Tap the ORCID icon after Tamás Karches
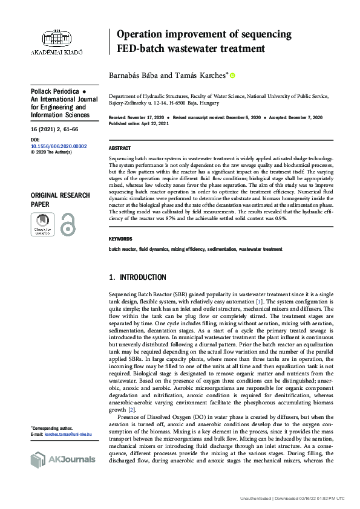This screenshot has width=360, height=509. tap(232, 75)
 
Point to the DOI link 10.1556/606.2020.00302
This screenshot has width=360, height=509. tap(58, 146)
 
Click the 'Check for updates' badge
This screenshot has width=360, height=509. tap(42, 224)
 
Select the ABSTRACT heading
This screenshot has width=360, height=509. tap(119, 148)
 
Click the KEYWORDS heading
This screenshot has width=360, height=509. tap(120, 239)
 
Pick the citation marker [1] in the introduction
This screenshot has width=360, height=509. tap(258, 301)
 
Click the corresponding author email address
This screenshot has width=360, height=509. tap(68, 434)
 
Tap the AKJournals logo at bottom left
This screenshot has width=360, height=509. tap(63, 459)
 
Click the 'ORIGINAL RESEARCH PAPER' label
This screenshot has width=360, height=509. tap(60, 199)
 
